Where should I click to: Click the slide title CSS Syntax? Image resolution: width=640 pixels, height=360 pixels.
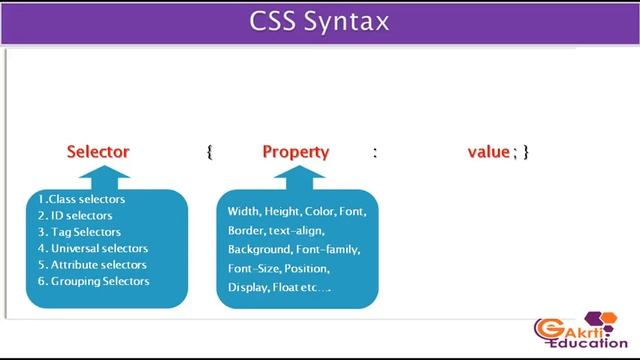pos(319,22)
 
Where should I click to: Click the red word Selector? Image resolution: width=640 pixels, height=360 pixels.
pos(98,152)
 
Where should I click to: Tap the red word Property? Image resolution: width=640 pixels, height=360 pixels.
pos(295,152)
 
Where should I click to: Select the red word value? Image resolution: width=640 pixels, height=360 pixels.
pos(489,152)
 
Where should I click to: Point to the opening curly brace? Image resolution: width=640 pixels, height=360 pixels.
pos(210,152)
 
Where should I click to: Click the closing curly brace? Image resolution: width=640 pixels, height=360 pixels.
pos(526,152)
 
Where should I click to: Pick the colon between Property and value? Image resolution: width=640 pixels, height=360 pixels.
pos(375,152)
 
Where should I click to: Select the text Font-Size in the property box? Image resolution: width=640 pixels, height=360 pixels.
pos(254,269)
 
